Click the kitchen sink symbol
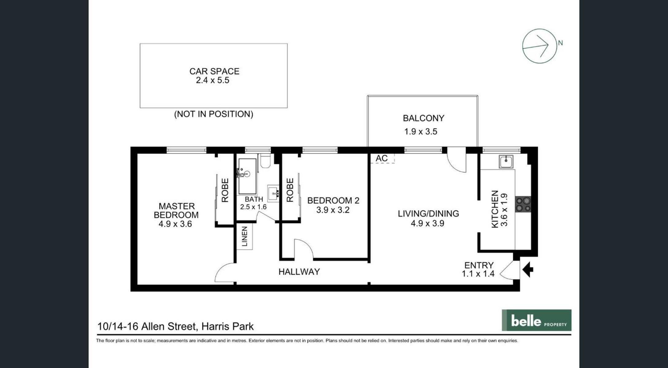(x=506, y=162)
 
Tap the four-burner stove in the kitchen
(x=523, y=204)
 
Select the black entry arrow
(x=528, y=270)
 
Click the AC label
(x=382, y=158)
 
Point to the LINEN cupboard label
(x=244, y=237)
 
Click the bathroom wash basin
(x=273, y=193)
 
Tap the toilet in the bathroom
(x=265, y=161)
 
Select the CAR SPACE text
(x=214, y=71)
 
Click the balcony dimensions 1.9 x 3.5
(x=420, y=132)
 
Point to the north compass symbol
(x=539, y=46)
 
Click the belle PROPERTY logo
(x=536, y=320)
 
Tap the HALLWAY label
(x=299, y=272)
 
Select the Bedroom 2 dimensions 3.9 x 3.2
(x=333, y=210)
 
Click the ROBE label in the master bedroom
(x=225, y=190)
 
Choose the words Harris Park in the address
(x=227, y=326)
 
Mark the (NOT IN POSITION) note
(x=213, y=114)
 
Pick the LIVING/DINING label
(x=428, y=214)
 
